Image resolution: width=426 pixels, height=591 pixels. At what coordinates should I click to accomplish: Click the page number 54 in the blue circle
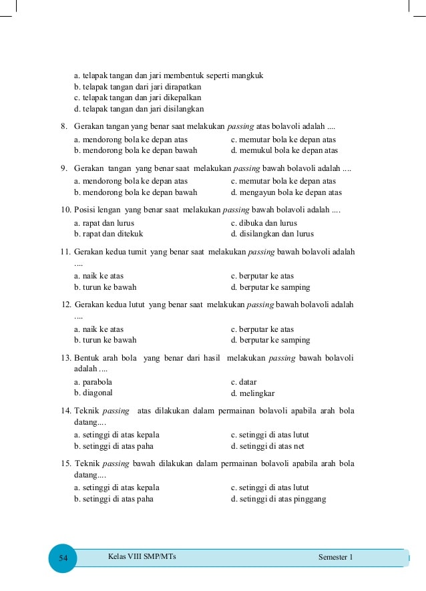63,558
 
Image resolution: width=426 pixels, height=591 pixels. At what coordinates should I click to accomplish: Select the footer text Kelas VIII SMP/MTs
142,556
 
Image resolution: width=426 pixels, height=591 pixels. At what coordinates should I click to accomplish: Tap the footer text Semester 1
335,557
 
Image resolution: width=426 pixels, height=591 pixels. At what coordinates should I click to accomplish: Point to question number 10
65,210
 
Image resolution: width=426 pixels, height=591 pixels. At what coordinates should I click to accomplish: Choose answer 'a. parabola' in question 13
93,382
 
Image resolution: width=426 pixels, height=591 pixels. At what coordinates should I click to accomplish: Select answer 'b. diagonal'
93,393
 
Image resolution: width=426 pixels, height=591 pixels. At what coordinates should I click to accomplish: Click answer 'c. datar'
244,382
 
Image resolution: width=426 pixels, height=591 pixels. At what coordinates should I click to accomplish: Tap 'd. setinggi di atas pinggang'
278,499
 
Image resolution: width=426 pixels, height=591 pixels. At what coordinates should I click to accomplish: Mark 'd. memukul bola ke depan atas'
284,150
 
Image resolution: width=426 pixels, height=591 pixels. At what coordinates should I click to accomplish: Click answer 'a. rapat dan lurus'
104,223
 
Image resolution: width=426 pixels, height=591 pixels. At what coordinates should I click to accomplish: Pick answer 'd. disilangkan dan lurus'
272,234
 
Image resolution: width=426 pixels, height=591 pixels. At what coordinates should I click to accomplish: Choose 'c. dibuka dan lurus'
264,223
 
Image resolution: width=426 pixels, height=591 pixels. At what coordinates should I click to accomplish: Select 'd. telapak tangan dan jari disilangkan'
139,109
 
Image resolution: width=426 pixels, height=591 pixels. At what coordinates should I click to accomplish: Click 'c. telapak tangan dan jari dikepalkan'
138,97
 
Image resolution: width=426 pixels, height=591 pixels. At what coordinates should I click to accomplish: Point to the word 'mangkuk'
248,76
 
